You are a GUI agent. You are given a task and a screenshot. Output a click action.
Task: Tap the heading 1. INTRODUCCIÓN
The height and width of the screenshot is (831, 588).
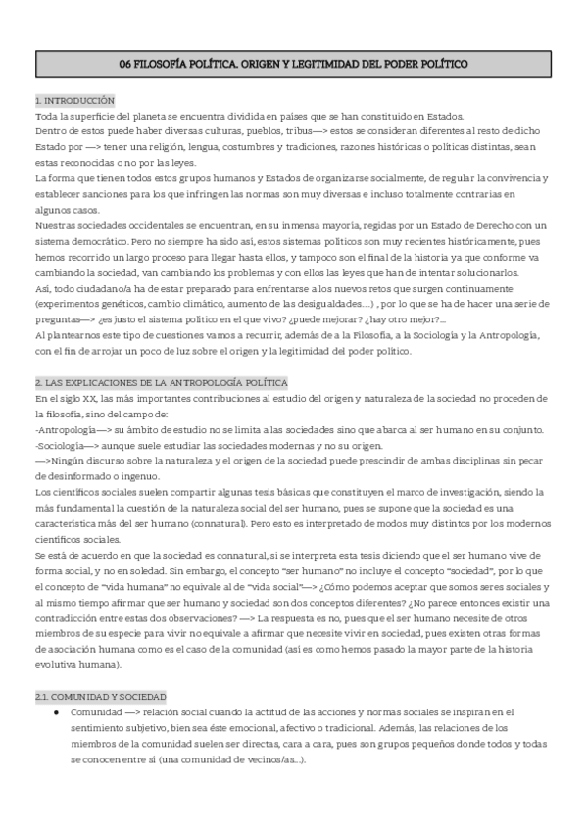point(74,100)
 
